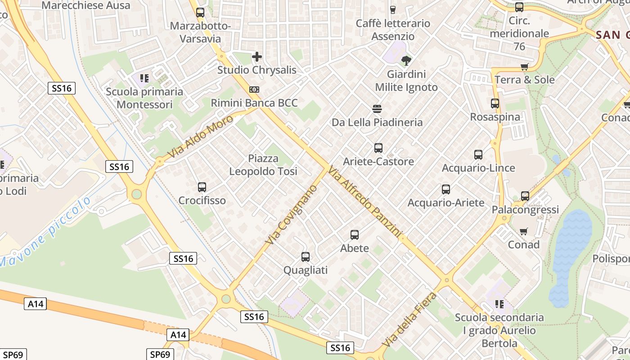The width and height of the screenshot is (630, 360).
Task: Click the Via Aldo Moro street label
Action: click(200, 137)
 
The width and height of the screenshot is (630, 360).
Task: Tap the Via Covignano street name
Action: click(291, 215)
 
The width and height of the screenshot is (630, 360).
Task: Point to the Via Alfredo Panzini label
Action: click(364, 201)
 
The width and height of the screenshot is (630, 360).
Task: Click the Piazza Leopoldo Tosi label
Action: click(263, 165)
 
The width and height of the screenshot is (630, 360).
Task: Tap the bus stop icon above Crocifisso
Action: click(202, 187)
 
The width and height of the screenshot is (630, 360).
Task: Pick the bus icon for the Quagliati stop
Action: click(306, 257)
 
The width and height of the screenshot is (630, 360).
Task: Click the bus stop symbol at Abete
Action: click(355, 234)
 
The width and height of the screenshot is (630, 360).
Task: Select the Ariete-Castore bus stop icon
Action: click(378, 148)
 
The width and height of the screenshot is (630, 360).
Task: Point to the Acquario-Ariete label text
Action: click(446, 202)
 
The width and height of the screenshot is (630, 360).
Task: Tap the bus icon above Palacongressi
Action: click(525, 196)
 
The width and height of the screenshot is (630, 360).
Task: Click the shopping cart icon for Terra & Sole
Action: click(524, 67)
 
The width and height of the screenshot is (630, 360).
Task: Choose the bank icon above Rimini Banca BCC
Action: click(254, 90)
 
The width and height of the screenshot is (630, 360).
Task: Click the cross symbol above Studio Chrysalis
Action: click(257, 57)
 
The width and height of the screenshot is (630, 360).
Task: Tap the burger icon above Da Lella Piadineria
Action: click(377, 108)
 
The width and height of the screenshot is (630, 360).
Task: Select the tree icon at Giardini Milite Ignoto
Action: click(406, 60)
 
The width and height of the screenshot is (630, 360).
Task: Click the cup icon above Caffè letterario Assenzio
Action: click(393, 10)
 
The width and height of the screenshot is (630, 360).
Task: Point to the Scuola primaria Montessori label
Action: click(144, 98)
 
